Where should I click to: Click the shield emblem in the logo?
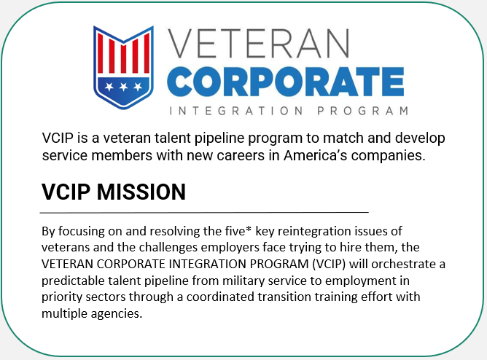point(124,68)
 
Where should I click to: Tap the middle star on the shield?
point(124,87)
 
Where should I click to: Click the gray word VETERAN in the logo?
point(259,43)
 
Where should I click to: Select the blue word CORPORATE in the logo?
point(286,82)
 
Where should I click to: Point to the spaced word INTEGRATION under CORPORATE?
point(236,111)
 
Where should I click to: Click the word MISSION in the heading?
point(141,192)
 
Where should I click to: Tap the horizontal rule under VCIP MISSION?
point(204,213)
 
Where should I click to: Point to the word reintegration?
point(315,232)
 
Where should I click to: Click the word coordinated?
point(220,297)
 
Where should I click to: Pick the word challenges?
point(168,248)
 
